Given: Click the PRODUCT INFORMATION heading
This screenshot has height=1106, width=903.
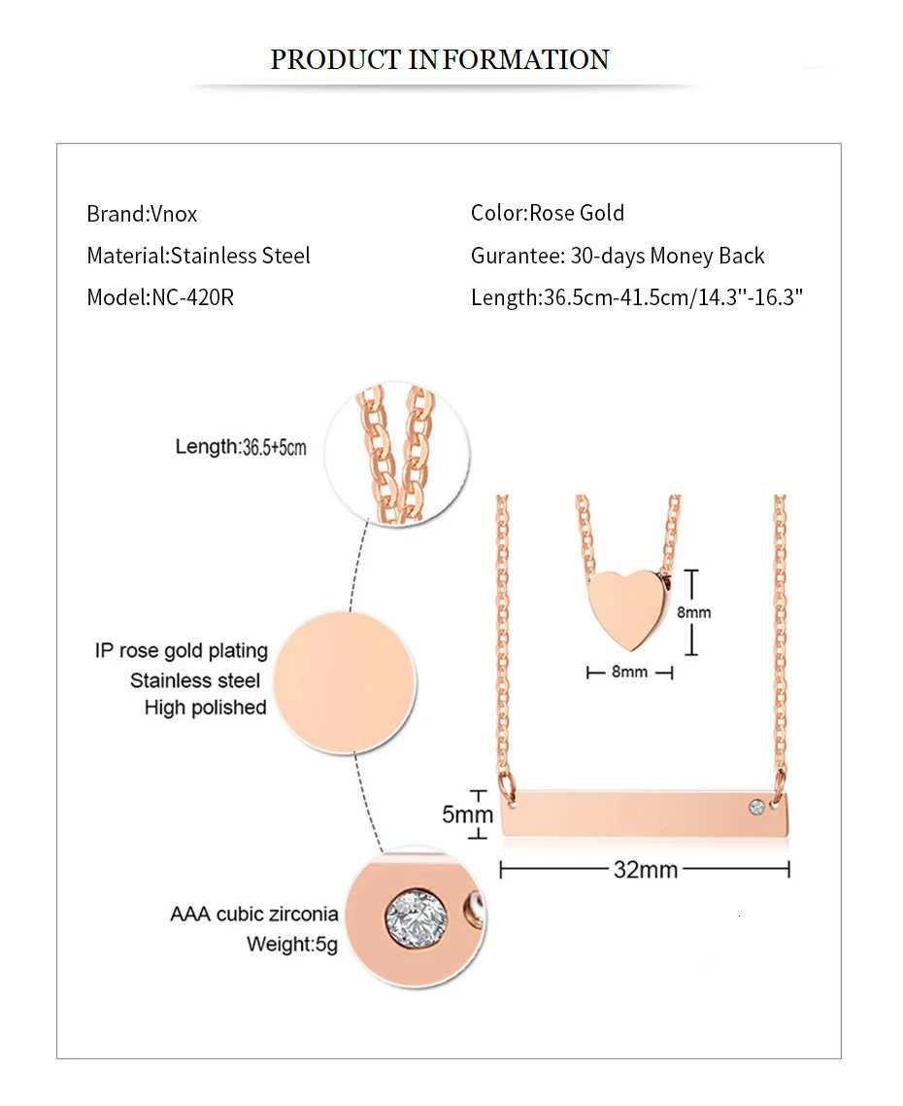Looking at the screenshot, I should tap(439, 59).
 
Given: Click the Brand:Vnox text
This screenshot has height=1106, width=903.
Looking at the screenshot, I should tap(142, 214).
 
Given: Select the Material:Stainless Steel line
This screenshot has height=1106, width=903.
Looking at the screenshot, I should tap(198, 256).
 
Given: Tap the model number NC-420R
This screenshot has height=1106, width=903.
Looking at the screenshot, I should tap(192, 297).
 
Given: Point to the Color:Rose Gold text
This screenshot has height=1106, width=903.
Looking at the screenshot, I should tap(548, 213).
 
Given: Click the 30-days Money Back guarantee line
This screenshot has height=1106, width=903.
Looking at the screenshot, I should tap(618, 256).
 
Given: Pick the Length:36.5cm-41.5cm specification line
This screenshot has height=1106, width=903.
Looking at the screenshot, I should tap(637, 297).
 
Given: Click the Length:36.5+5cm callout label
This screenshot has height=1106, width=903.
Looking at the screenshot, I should tap(241, 447).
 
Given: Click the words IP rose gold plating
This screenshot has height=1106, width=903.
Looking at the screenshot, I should tap(182, 650).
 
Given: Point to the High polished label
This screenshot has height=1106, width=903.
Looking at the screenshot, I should tap(205, 708).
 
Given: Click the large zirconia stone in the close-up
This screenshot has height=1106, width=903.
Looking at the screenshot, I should tap(417, 916).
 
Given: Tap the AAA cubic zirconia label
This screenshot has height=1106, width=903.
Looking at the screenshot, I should tap(254, 914).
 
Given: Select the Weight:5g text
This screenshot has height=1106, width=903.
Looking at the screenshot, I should tap(291, 944).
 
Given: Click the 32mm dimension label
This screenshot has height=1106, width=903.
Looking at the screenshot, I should tap(645, 869).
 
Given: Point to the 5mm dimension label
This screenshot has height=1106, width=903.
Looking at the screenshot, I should tap(467, 813).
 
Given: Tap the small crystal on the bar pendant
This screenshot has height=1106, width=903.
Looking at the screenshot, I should tap(756, 806).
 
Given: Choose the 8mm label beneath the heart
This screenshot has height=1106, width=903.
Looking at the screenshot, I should tap(629, 672).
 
